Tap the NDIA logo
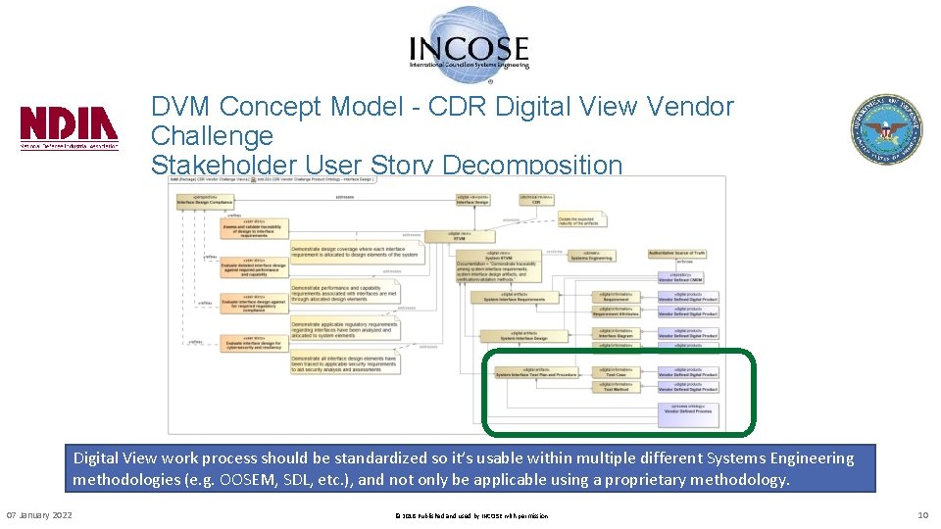click(69, 127)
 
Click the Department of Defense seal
click(885, 129)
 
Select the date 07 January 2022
click(39, 515)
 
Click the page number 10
click(921, 515)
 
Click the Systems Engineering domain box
click(591, 256)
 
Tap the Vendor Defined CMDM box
click(687, 277)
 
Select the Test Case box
click(616, 373)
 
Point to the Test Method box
click(616, 387)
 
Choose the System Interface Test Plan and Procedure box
click(536, 373)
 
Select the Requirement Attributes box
click(616, 313)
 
